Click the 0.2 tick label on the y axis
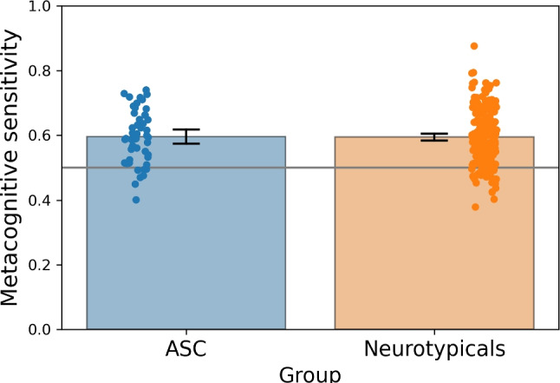pyautogui.click(x=38, y=266)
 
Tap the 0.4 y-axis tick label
pyautogui.click(x=38, y=201)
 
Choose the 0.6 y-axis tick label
pyautogui.click(x=38, y=135)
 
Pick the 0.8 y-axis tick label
pyautogui.click(x=38, y=70)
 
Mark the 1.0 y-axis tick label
pyautogui.click(x=38, y=6)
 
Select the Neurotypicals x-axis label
pyautogui.click(x=433, y=349)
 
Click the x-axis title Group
pyautogui.click(x=309, y=373)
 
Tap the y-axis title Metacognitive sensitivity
pyautogui.click(x=12, y=168)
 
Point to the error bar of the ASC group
pyautogui.click(x=186, y=136)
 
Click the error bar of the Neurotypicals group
pyautogui.click(x=434, y=136)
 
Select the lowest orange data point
pyautogui.click(x=475, y=207)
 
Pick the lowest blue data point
pyautogui.click(x=136, y=200)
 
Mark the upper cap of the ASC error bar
pyautogui.click(x=186, y=129)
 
